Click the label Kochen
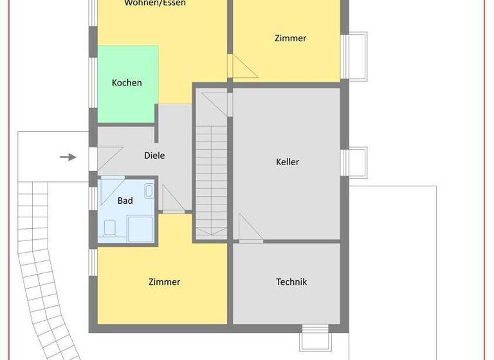pyautogui.click(x=127, y=83)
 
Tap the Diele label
pyautogui.click(x=154, y=156)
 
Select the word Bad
pyautogui.click(x=125, y=201)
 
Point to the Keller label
pyautogui.click(x=288, y=162)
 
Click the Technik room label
pyautogui.click(x=291, y=282)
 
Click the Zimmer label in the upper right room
pyautogui.click(x=290, y=38)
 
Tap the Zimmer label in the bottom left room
pyautogui.click(x=164, y=282)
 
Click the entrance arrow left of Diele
pyautogui.click(x=68, y=157)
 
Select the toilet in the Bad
pyautogui.click(x=109, y=227)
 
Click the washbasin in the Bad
pyautogui.click(x=149, y=190)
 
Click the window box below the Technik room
pyautogui.click(x=316, y=338)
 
